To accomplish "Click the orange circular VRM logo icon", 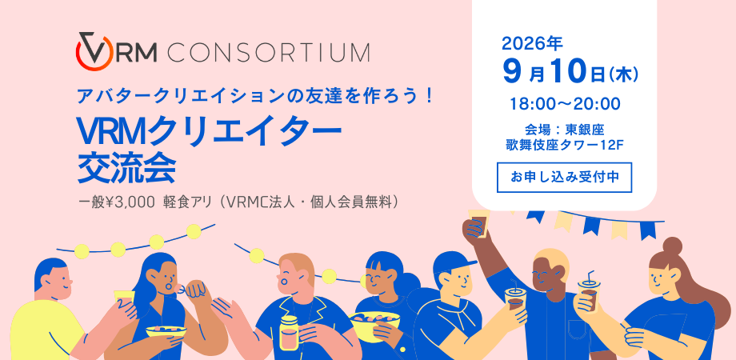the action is tap(94, 52).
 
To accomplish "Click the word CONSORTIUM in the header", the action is tap(268, 52).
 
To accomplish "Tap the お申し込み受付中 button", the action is tap(564, 178).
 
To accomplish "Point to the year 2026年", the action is tap(532, 44).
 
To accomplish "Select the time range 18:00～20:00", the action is tap(566, 104).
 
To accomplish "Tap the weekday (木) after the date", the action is tap(623, 75).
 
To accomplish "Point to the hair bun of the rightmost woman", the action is tap(672, 246).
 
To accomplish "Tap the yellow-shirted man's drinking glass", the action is tap(124, 300).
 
